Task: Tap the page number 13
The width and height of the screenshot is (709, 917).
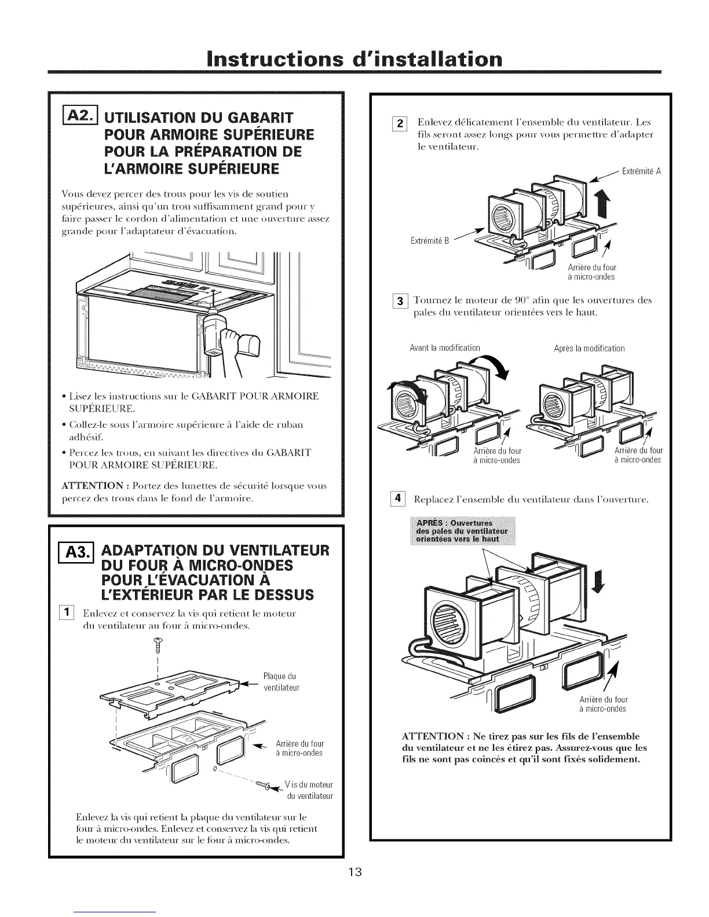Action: (355, 872)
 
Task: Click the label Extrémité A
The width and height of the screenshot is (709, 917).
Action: (641, 171)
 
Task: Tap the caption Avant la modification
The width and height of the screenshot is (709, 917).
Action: (444, 348)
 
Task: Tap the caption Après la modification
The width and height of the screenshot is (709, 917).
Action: (589, 348)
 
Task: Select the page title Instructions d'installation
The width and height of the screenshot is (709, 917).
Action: (355, 60)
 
